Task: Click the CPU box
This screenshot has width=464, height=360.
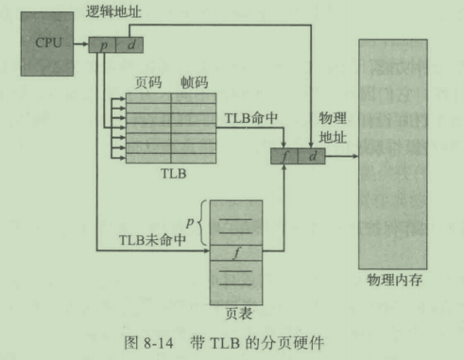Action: point(49,43)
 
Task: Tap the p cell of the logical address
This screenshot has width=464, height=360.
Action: point(104,43)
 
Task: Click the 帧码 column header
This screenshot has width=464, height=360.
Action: point(193,83)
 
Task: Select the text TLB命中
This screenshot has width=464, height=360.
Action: point(252,119)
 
